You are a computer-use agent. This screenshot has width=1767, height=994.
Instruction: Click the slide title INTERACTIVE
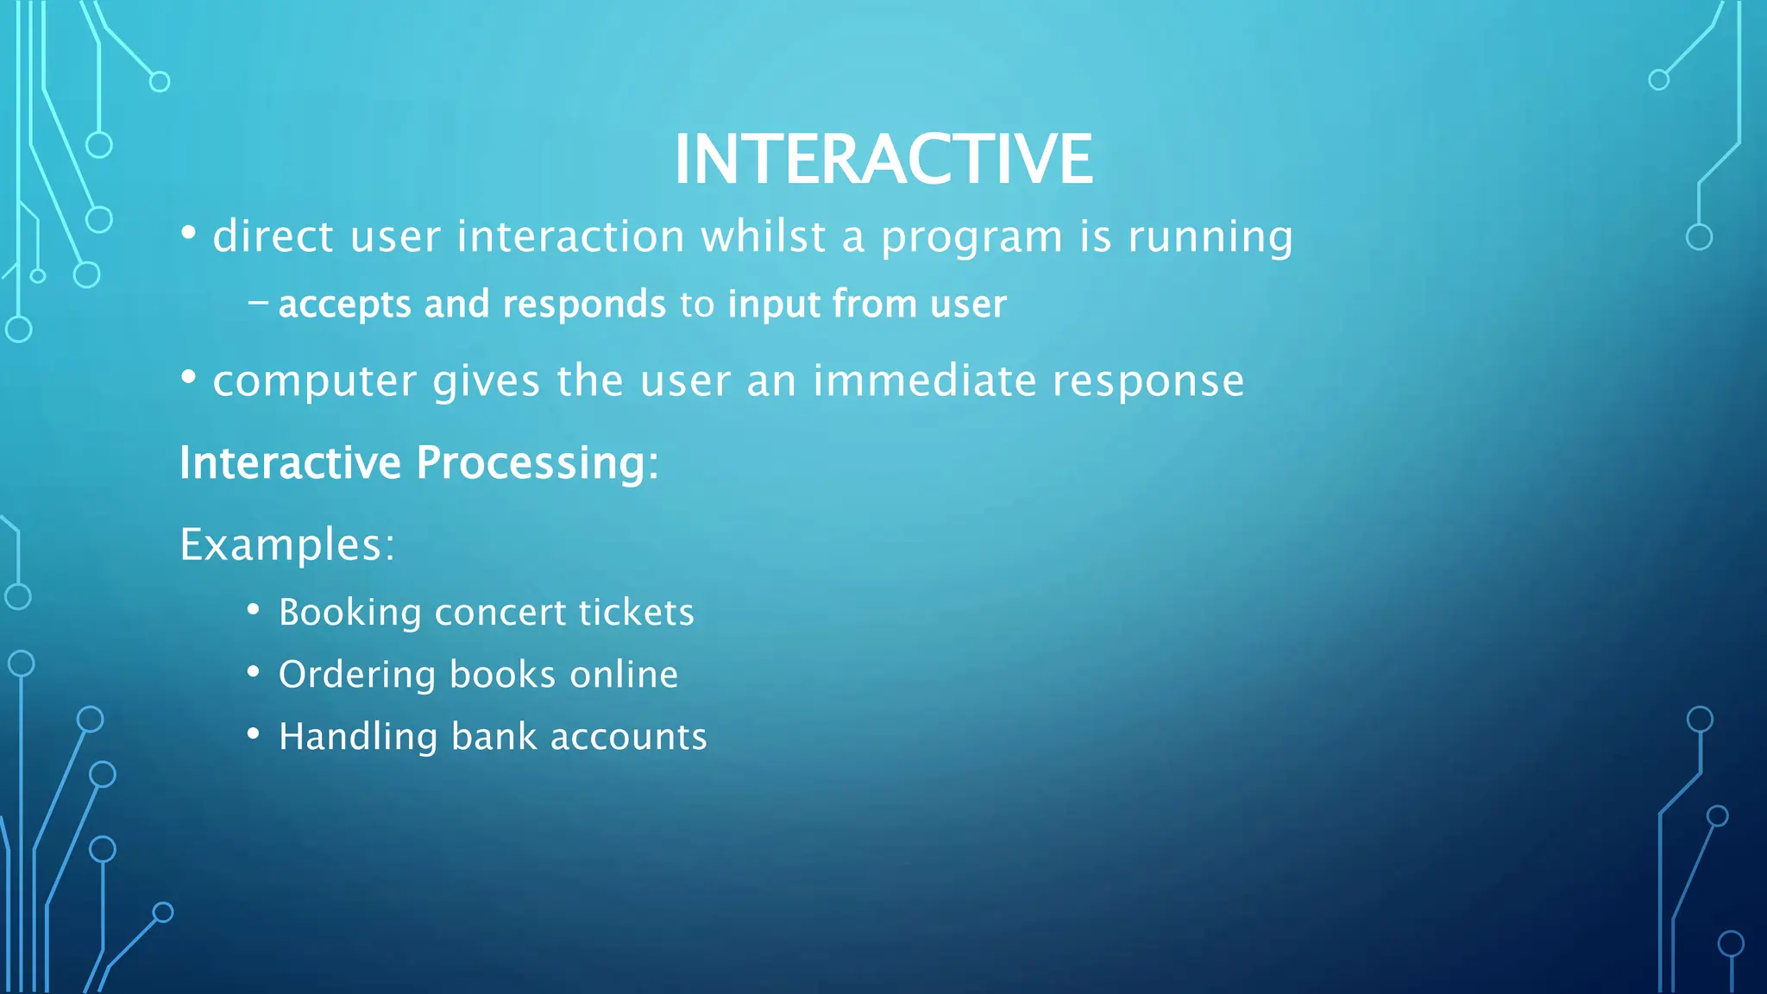(883, 160)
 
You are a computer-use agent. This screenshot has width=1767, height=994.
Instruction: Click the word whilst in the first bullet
(763, 236)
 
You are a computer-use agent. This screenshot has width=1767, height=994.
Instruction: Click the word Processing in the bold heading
(537, 464)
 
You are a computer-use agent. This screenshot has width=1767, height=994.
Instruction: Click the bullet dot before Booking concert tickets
(253, 610)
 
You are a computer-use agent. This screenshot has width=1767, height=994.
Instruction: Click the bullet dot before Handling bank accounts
(253, 734)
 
